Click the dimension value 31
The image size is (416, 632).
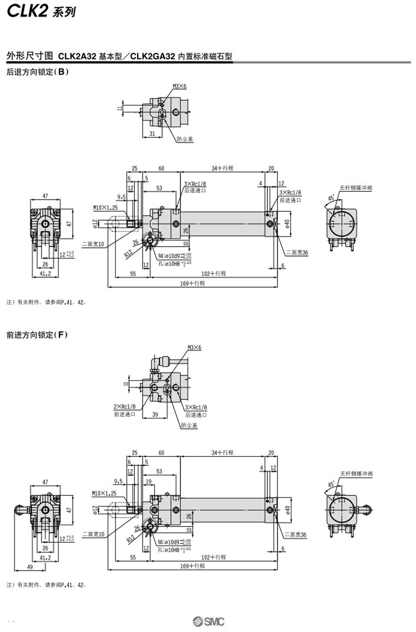pos(151,134)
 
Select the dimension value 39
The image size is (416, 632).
pos(155,414)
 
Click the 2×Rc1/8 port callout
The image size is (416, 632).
pos(125,407)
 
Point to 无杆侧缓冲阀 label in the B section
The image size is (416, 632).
pos(356,187)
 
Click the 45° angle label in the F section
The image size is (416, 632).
pos(331,484)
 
